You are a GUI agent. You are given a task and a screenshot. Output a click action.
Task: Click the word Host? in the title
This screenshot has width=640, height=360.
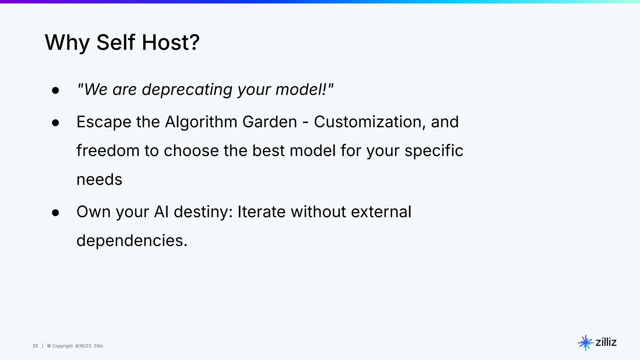coord(170,42)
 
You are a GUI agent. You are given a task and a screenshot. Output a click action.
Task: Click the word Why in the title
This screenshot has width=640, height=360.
coord(67,42)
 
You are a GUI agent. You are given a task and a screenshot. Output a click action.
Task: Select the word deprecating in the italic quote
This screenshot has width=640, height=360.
coord(187,90)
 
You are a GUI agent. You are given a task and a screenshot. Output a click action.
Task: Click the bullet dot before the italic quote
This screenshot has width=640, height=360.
coord(56,91)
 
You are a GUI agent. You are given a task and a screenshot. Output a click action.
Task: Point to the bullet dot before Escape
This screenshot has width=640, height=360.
coord(56,123)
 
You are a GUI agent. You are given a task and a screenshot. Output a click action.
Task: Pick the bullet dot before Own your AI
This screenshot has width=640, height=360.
coord(56,213)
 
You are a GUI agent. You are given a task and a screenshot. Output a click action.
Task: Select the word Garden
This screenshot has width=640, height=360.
coord(270,122)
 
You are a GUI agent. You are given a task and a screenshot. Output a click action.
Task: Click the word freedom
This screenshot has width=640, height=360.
coord(108,151)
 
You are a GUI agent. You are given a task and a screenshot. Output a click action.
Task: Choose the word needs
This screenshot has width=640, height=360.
coord(99,180)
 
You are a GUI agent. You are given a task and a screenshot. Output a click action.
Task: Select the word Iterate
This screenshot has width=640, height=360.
coord(262,212)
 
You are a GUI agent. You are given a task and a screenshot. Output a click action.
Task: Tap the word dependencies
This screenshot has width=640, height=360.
coord(132,241)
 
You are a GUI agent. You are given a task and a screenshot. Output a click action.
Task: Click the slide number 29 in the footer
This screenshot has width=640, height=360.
coord(35,346)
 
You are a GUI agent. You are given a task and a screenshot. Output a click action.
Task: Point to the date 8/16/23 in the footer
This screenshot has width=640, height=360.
coord(83,346)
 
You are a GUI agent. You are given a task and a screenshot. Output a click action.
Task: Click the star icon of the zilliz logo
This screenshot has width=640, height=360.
coord(585,343)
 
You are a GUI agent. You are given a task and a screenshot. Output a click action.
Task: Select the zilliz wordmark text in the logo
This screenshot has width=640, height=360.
coord(606,342)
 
